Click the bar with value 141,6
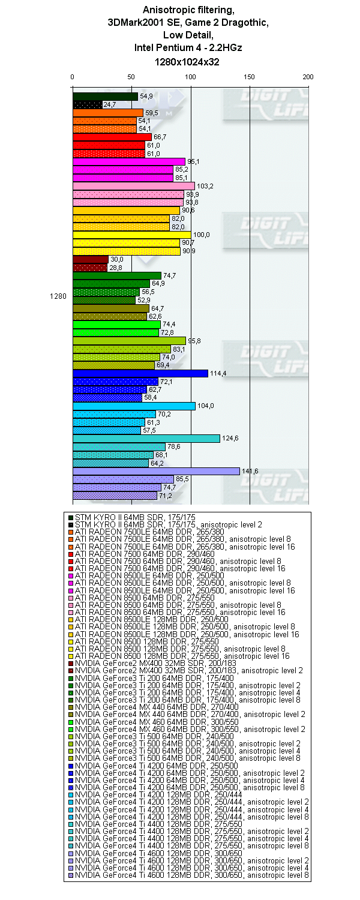(x=156, y=471)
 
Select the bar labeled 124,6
(x=146, y=439)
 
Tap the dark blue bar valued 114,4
(x=140, y=373)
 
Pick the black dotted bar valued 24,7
(x=87, y=104)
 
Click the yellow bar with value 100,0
(x=131, y=235)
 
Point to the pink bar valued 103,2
(x=133, y=186)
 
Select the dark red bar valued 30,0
(x=90, y=259)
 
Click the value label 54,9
(x=146, y=96)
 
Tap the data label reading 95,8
(x=195, y=341)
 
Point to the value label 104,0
(x=205, y=406)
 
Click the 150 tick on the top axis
(x=250, y=77)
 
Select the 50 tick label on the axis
(x=131, y=77)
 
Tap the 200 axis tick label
(x=308, y=77)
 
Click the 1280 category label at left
(x=58, y=296)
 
